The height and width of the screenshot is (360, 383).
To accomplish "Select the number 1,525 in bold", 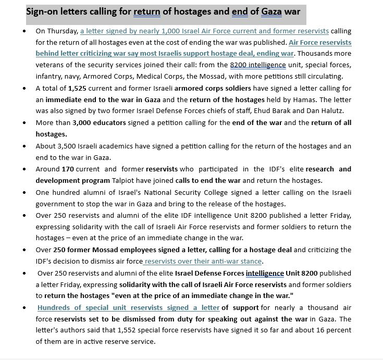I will click(x=79, y=89).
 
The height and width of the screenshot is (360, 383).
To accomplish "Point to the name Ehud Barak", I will click(x=289, y=111).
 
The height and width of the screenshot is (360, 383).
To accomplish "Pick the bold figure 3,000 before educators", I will click(x=84, y=123).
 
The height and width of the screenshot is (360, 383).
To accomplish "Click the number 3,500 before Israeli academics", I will click(x=70, y=146).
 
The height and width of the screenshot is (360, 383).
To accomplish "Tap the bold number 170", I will click(x=68, y=169).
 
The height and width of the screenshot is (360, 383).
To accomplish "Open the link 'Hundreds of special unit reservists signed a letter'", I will click(x=129, y=308).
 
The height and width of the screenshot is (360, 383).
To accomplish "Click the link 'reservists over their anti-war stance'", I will click(x=203, y=262).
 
